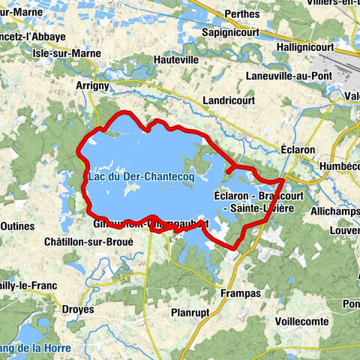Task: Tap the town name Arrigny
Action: (93, 86)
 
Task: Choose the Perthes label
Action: (241, 14)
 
